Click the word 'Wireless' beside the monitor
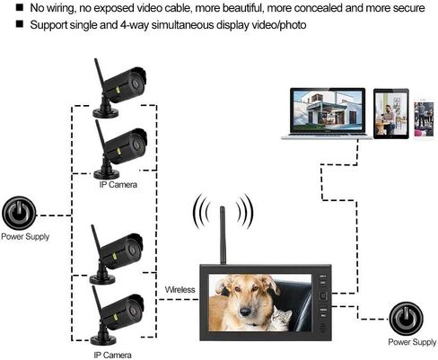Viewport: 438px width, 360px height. tap(180, 290)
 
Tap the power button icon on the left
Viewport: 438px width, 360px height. tap(19, 213)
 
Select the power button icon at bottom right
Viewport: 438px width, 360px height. tap(406, 319)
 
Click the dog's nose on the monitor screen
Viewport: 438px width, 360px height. tap(245, 312)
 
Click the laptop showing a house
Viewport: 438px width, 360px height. tap(327, 114)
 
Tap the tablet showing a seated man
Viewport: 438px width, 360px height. tap(391, 114)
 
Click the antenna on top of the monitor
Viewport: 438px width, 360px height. tap(223, 235)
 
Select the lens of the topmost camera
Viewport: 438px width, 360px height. tap(136, 83)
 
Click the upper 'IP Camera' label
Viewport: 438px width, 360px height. tap(118, 185)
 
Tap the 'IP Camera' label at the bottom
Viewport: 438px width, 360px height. tap(112, 356)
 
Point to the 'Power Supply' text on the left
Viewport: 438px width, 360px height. tap(25, 237)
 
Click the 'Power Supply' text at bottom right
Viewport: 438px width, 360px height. tap(412, 342)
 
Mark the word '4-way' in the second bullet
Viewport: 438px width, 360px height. tap(135, 25)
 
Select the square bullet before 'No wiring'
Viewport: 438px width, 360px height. tap(20, 7)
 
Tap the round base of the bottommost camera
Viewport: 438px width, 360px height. tap(103, 339)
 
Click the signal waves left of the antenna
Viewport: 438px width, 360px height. tap(202, 211)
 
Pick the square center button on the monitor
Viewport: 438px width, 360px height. tap(323, 296)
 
